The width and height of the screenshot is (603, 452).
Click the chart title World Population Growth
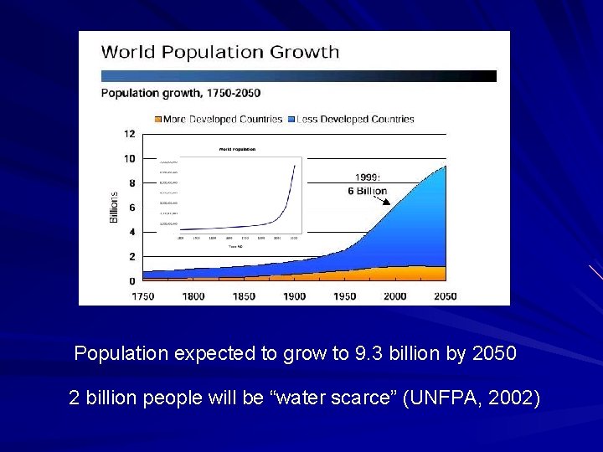219,52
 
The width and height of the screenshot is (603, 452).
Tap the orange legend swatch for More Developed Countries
157,120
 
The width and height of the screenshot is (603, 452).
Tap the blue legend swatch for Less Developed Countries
291,120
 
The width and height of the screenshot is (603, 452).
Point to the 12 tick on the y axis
129,134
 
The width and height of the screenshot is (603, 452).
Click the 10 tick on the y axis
129,158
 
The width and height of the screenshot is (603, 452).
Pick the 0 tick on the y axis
131,281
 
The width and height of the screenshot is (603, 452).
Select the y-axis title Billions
114,207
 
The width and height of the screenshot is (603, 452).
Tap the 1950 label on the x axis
344,296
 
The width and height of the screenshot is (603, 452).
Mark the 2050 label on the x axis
446,296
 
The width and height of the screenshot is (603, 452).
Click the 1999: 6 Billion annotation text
367,184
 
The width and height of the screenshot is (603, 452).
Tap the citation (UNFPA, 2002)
471,398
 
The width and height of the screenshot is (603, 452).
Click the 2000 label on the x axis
394,296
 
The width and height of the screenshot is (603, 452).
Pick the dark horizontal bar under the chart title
298,75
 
